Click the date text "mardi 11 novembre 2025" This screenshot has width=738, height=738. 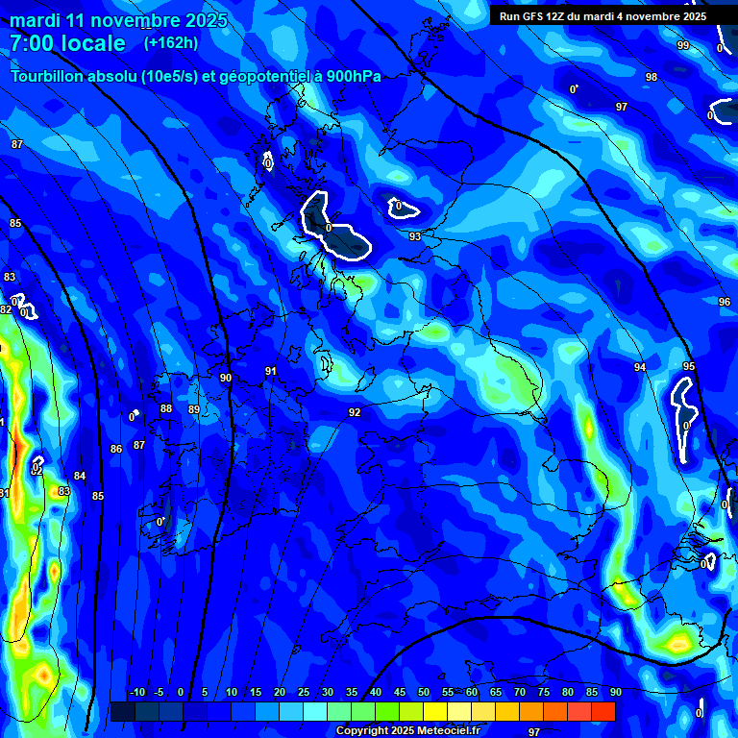click(118, 20)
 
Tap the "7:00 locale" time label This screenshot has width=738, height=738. click(67, 43)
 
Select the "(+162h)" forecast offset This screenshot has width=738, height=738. click(171, 42)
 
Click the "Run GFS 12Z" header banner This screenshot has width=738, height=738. click(603, 16)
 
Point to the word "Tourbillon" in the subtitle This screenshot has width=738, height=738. click(51, 76)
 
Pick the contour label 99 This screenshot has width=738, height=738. click(683, 45)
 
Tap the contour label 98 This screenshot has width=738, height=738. click(652, 77)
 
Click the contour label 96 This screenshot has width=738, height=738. click(725, 302)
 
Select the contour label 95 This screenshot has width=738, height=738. click(689, 366)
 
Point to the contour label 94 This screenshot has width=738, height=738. click(640, 367)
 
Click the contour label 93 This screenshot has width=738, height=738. click(415, 236)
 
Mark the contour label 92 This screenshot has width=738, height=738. click(355, 412)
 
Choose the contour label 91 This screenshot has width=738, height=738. click(271, 371)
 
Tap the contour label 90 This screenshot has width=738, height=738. click(226, 379)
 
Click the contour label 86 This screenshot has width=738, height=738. click(116, 449)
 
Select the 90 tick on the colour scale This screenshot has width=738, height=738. click(615, 693)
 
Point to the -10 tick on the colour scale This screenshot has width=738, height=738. click(137, 693)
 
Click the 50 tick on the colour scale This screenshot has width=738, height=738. click(424, 693)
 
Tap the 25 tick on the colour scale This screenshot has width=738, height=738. click(304, 693)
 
